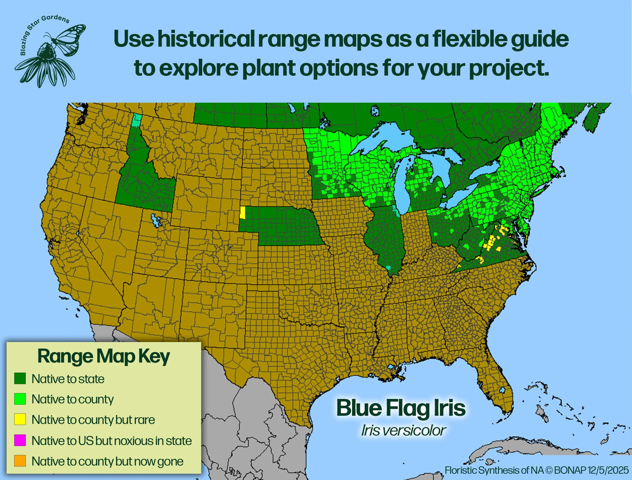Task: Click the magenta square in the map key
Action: (20, 440)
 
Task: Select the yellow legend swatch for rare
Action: (20, 419)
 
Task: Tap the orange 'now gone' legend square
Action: (20, 461)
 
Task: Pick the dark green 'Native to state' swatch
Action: (20, 379)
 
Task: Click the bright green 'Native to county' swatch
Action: (20, 399)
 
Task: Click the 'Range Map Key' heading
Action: (103, 356)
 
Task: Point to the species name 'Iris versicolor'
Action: (403, 430)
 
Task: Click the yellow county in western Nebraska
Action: (242, 212)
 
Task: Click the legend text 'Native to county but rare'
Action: (93, 420)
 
